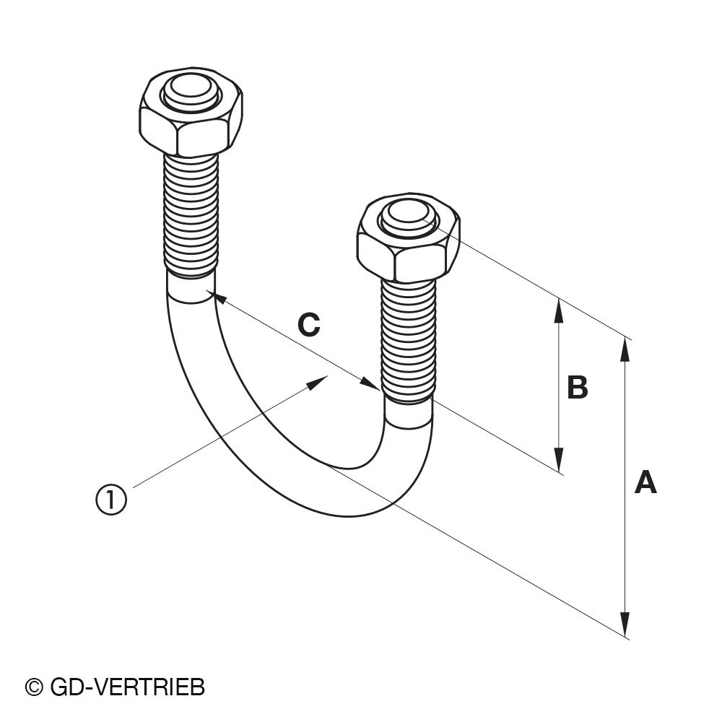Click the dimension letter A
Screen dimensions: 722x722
[645, 482]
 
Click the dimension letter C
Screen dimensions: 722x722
[308, 325]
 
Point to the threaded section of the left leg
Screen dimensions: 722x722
[191, 215]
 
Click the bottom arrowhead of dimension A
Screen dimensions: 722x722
[625, 625]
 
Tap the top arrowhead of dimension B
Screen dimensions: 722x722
[559, 310]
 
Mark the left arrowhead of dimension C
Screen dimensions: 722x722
[217, 297]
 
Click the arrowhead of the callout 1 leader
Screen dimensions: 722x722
[318, 382]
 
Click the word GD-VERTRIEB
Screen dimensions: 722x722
[128, 688]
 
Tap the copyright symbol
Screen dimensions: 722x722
[34, 688]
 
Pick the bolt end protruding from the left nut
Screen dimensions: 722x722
[191, 92]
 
